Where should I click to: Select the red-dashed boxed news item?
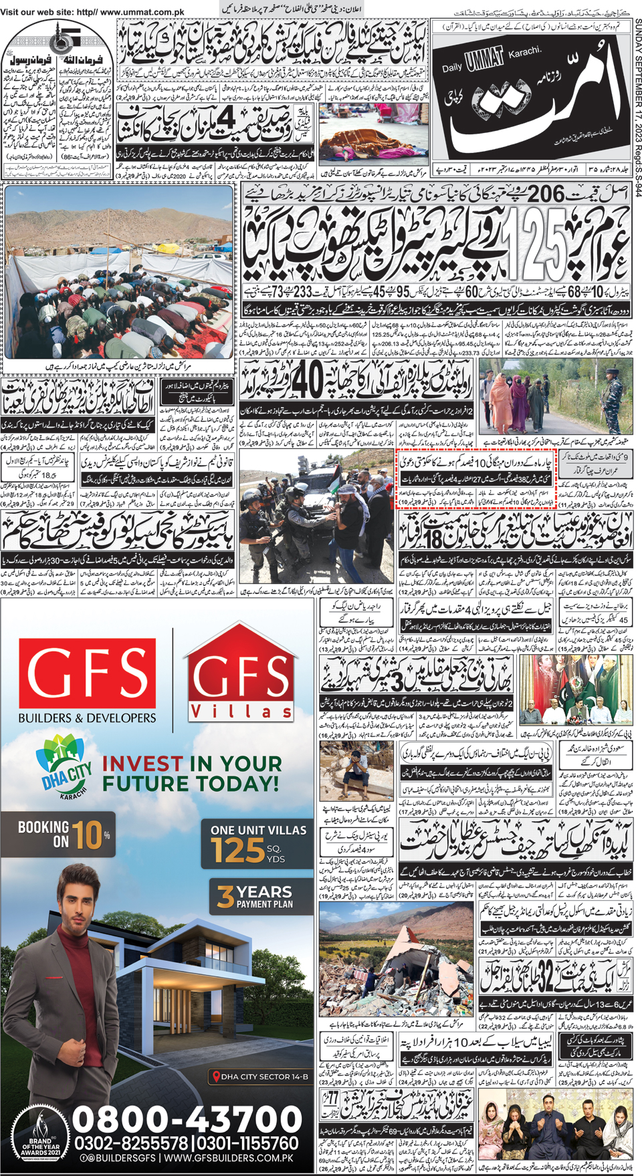click(x=476, y=480)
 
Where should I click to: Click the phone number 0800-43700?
click(x=187, y=1120)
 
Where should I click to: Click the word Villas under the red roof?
click(x=241, y=711)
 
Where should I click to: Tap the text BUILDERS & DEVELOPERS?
click(x=87, y=718)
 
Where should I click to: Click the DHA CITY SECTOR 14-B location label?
click(x=261, y=1076)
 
